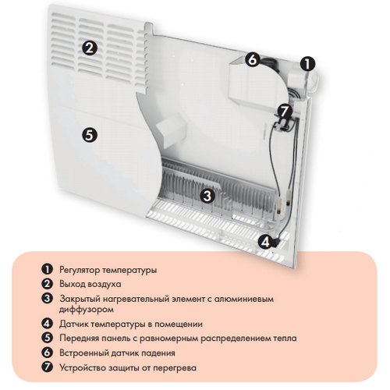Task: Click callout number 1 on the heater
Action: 307,64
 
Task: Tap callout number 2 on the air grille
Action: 90,48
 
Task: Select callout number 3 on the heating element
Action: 207,195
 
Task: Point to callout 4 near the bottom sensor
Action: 265,242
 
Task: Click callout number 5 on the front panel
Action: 90,135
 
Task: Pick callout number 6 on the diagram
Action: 252,59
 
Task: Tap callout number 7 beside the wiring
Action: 285,111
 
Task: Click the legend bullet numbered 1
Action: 47,269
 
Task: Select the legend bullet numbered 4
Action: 47,324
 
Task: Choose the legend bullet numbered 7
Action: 47,367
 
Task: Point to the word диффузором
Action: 87,310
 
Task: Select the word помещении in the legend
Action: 179,324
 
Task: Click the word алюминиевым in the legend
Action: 244,299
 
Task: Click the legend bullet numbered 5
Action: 47,338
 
